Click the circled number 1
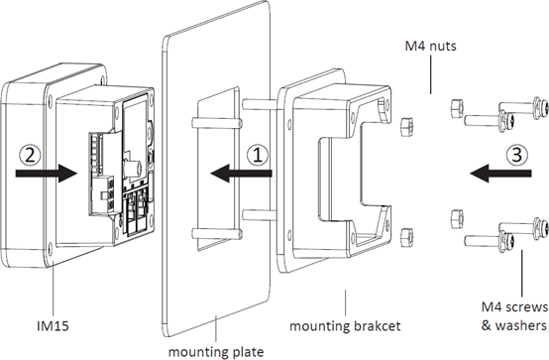click(x=258, y=155)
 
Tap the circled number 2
click(x=30, y=155)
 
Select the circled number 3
click(x=517, y=155)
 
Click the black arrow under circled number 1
click(x=241, y=173)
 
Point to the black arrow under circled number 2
click(x=47, y=173)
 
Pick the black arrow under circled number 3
click(x=500, y=173)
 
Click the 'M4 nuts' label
click(x=431, y=46)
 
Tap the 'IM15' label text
click(x=53, y=326)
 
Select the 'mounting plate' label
click(x=216, y=351)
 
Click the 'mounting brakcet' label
click(x=345, y=326)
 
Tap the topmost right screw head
click(x=541, y=104)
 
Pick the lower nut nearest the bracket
click(x=406, y=237)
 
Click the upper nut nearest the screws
click(x=457, y=107)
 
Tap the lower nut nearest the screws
click(x=457, y=218)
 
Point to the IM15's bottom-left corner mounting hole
click(x=51, y=249)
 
